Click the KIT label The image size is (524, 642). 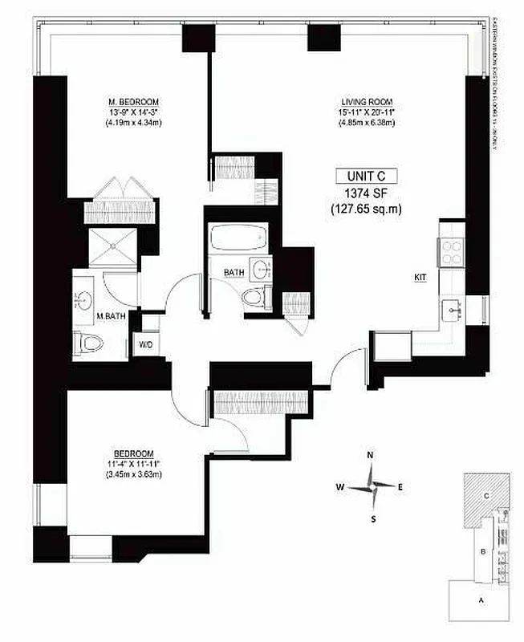click(420, 277)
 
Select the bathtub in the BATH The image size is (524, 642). click(238, 238)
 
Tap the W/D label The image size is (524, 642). click(147, 344)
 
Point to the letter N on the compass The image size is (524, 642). click(370, 456)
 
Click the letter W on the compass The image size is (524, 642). click(340, 486)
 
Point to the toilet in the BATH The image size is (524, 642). click(254, 296)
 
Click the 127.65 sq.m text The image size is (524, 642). click(365, 209)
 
